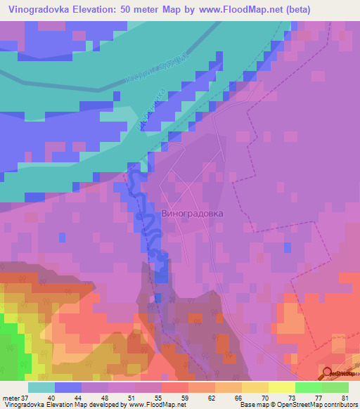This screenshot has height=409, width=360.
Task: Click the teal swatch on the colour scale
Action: click(41, 387)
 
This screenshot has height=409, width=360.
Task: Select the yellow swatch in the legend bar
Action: click(281, 387)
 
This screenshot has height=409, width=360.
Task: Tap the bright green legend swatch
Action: click(308, 387)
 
